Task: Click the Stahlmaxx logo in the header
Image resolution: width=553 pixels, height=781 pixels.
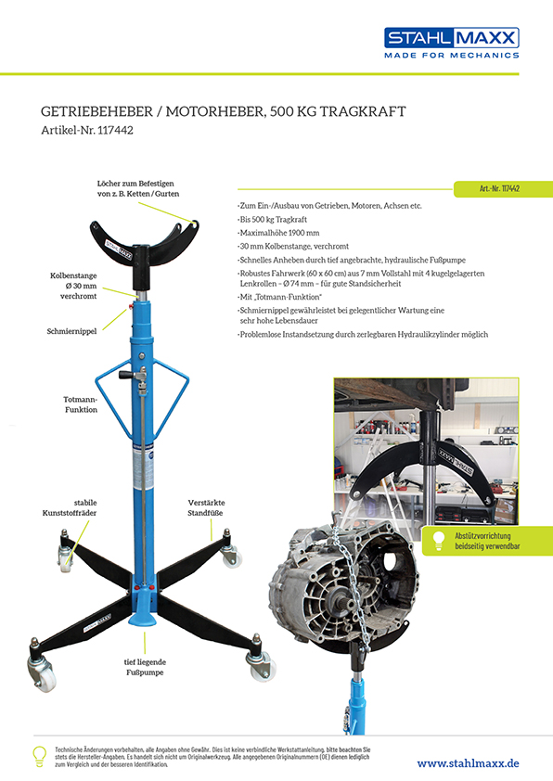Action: [451, 43]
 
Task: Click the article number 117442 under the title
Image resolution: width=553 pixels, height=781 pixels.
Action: [115, 131]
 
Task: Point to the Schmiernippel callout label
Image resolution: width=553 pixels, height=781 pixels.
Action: [71, 331]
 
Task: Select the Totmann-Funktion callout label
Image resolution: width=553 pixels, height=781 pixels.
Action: [80, 404]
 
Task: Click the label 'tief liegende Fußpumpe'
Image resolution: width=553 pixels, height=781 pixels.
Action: [145, 667]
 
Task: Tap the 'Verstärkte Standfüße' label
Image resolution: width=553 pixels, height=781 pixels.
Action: [206, 507]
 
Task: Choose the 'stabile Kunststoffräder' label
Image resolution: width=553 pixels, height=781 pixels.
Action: [70, 507]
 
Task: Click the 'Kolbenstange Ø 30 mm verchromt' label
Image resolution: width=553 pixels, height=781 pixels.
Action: [73, 286]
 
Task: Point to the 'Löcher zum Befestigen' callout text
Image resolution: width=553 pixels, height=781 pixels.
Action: [138, 188]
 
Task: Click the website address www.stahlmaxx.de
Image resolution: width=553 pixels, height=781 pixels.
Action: [468, 763]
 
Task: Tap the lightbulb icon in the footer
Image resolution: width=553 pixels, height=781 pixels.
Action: [39, 757]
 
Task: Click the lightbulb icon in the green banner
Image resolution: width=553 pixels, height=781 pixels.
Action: [439, 541]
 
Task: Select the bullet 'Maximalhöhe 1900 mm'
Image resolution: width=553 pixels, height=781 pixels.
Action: [278, 233]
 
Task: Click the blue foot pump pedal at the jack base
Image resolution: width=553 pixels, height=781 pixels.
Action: [143, 619]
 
